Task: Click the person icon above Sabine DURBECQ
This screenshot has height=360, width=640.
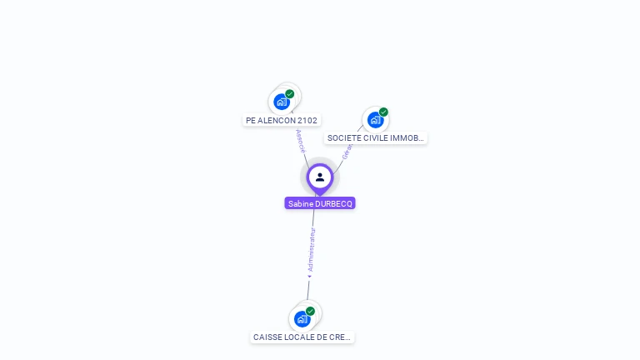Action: [x=320, y=177]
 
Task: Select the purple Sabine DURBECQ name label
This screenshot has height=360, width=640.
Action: [x=320, y=203]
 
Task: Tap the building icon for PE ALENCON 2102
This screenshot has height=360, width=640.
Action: [x=282, y=102]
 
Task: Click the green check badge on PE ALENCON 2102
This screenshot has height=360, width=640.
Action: [x=290, y=94]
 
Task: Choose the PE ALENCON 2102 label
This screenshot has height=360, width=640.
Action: [x=282, y=121]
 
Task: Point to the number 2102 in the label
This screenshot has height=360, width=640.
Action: [x=307, y=121]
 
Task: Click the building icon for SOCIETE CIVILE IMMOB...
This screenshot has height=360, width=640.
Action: [x=375, y=119]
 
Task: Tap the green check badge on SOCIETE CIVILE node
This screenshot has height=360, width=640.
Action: [x=383, y=112]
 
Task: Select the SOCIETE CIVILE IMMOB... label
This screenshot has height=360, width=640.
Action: [x=376, y=138]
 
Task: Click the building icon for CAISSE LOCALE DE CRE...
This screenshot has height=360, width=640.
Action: [x=302, y=318]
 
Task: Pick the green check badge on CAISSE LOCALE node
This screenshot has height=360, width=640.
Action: [x=310, y=311]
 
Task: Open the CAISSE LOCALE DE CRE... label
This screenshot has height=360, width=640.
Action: [x=302, y=337]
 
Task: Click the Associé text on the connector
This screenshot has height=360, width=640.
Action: [x=300, y=140]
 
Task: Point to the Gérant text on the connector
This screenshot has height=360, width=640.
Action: [x=347, y=150]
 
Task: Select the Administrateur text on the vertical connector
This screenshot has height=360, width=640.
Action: [x=312, y=250]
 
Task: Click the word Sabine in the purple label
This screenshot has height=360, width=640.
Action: [x=300, y=203]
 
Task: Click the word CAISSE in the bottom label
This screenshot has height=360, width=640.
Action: [x=267, y=337]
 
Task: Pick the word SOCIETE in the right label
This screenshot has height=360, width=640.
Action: [x=343, y=138]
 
